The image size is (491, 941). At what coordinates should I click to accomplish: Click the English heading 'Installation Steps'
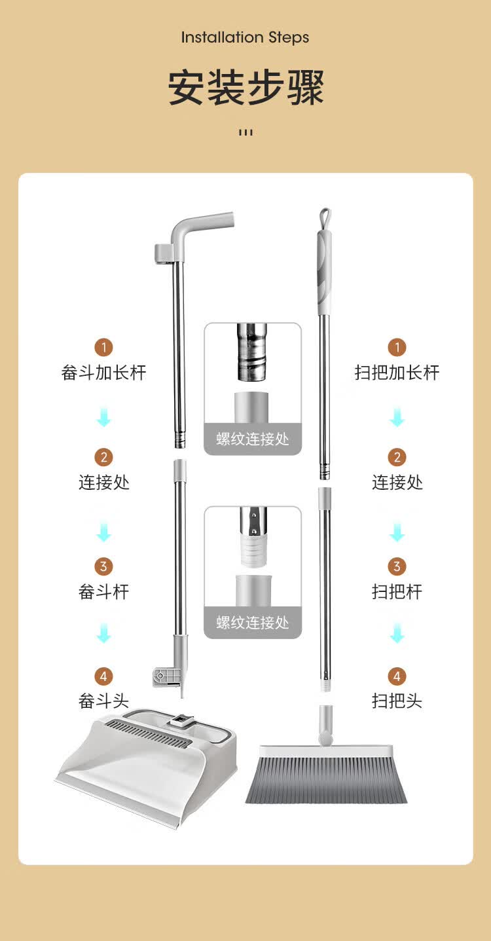point(245,38)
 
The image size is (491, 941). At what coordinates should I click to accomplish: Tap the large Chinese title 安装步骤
point(245,87)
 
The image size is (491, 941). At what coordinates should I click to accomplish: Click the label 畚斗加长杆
point(103,373)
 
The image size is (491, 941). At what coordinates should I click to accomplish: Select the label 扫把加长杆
point(397,373)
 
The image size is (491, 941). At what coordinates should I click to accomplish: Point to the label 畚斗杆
point(103,592)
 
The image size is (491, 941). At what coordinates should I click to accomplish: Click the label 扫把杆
point(397,592)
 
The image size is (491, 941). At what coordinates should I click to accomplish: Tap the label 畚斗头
point(103,701)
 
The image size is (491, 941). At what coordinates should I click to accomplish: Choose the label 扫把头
point(397,701)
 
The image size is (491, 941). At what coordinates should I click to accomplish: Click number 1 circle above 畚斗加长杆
point(103,348)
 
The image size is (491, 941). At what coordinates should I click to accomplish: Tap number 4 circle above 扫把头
point(397,676)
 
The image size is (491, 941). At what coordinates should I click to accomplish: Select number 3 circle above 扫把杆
point(397,566)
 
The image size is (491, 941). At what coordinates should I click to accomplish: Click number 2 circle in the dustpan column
point(103,457)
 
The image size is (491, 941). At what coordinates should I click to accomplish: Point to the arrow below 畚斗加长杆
point(103,418)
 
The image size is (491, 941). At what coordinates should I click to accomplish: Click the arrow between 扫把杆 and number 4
point(397,633)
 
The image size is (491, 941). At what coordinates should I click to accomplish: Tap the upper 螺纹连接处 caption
point(253,439)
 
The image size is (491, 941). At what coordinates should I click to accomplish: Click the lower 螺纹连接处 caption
point(253,623)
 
